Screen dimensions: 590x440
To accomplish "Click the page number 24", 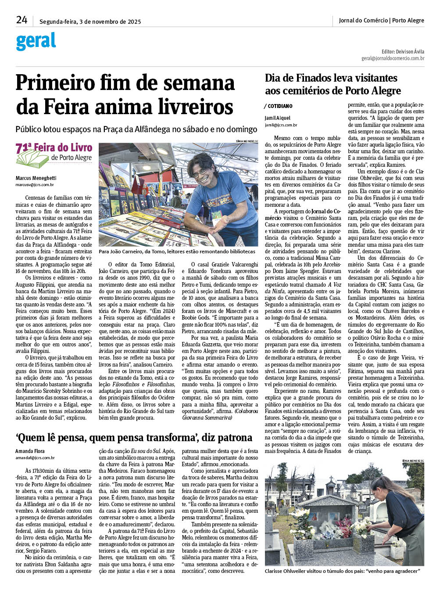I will (x=21, y=20).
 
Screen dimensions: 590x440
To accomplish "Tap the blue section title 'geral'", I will (x=36, y=42).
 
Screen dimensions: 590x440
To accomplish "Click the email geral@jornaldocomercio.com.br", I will (x=393, y=58).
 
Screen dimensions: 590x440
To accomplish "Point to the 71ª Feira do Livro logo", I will (x=54, y=155).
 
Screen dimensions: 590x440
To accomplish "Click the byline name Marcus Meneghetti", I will (x=36, y=178).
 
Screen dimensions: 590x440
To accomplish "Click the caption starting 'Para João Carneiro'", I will (x=177, y=252).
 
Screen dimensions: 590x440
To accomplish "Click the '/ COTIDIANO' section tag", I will (x=279, y=106).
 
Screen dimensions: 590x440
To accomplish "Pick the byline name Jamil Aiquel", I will (x=277, y=118).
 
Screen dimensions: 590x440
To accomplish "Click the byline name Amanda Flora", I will (x=30, y=451).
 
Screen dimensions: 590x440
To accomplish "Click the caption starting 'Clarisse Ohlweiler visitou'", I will (x=342, y=571).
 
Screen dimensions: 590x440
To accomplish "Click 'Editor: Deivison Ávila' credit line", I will (x=403, y=52).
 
